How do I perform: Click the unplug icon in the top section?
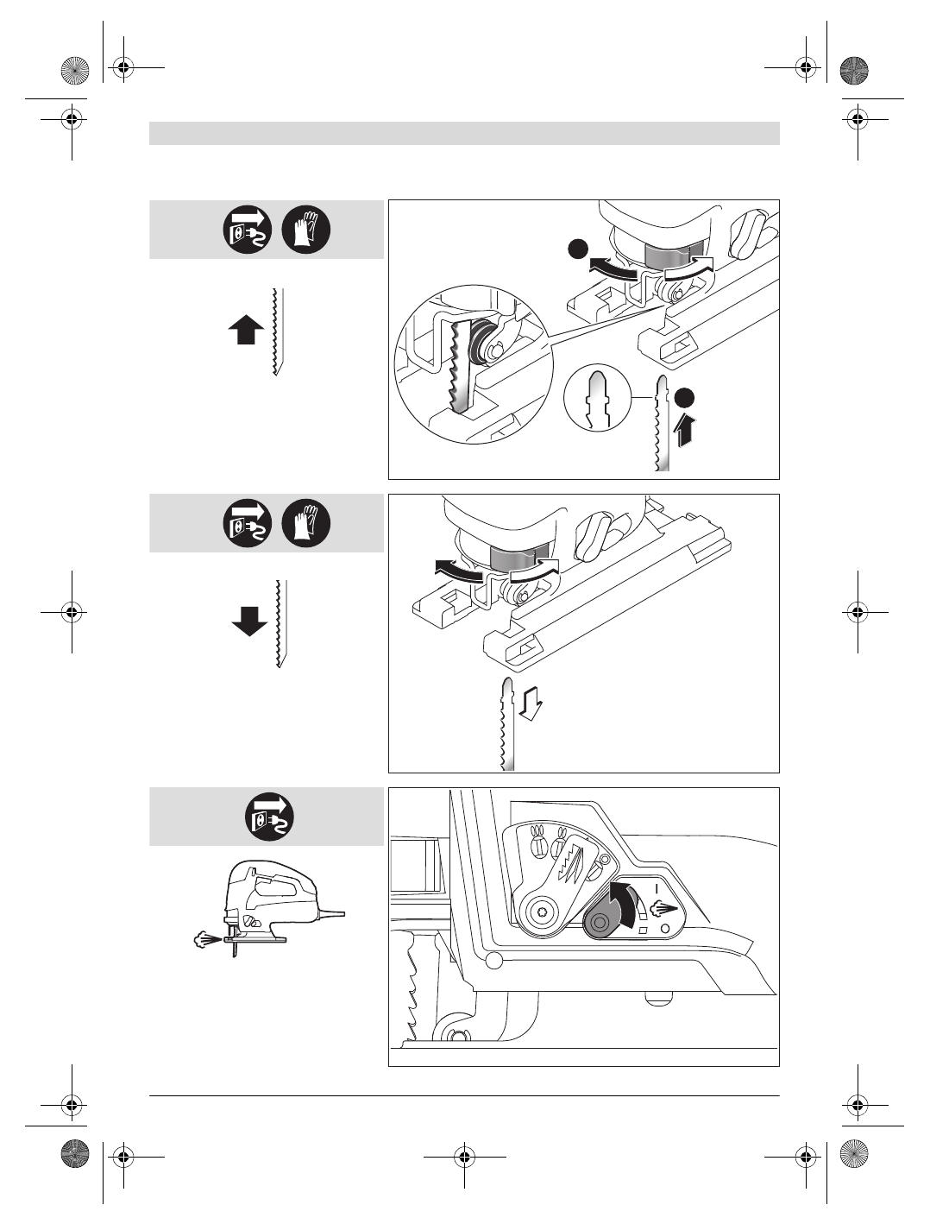click(248, 230)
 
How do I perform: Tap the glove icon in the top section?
click(306, 230)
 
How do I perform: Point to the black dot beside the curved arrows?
click(577, 249)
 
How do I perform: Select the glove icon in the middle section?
click(306, 523)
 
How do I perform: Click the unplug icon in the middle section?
click(248, 523)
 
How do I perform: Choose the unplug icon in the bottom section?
click(270, 817)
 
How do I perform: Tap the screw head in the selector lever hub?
click(541, 912)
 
